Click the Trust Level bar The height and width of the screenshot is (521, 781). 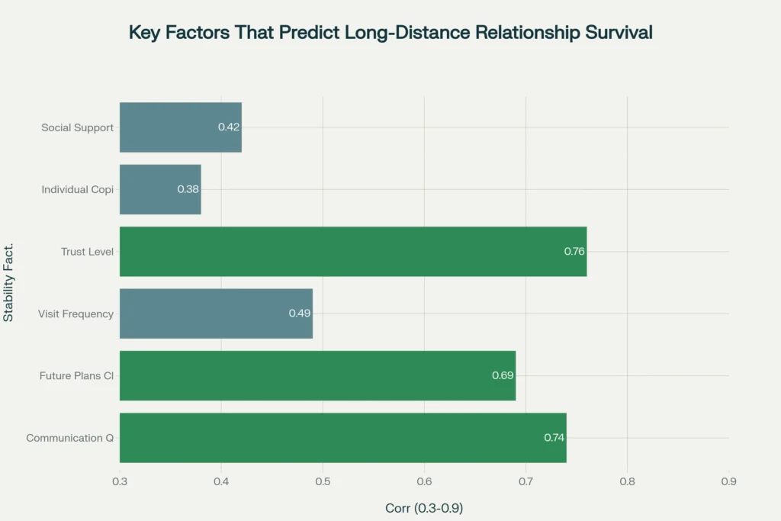point(353,251)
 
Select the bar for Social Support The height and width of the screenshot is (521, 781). point(181,127)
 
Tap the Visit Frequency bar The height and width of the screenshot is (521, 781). point(216,313)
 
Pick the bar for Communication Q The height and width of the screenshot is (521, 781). point(343,437)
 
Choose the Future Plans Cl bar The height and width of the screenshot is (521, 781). point(317,375)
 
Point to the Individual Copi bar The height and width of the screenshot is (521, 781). point(160,189)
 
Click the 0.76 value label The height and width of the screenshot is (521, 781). point(574,251)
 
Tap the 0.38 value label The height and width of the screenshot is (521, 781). point(188,189)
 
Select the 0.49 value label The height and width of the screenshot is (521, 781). point(300,313)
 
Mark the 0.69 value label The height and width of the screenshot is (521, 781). point(503,375)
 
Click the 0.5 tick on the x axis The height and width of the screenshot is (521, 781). point(323,481)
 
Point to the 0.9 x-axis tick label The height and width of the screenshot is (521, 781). point(728,481)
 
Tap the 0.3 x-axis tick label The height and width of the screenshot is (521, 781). point(120,481)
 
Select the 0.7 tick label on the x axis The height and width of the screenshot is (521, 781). point(525,481)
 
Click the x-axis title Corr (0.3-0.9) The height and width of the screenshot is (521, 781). point(424,507)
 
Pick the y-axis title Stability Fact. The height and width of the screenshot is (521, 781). point(9,282)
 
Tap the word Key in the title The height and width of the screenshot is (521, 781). point(143,33)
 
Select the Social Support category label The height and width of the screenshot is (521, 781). point(77,127)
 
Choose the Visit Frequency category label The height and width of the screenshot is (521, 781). point(76,314)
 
